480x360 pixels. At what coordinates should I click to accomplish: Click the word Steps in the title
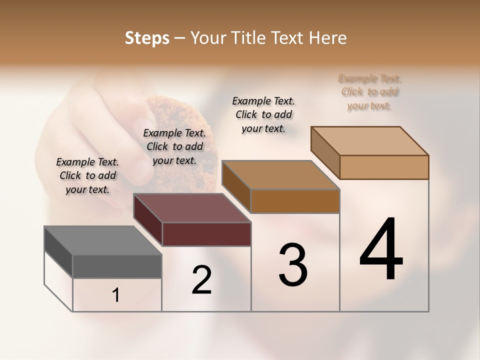pos(147,38)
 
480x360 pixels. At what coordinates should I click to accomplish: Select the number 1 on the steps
pos(116,295)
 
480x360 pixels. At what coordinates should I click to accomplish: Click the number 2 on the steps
pos(201,280)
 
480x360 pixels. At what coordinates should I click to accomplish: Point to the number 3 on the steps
pos(293,265)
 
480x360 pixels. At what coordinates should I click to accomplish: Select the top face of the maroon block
pos(192,208)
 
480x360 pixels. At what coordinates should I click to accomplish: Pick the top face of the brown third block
pos(280,175)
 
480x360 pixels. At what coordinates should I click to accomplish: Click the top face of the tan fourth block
pos(369,141)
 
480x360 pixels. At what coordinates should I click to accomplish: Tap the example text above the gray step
pos(87,175)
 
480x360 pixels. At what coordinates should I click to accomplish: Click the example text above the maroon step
pos(174,146)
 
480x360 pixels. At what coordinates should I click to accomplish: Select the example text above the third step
pos(263,114)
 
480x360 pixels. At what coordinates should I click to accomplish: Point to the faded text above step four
pos(369,92)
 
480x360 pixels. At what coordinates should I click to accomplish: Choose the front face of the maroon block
pos(206,234)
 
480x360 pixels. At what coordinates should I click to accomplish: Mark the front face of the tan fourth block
pos(384,167)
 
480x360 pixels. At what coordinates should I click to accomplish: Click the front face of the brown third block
pos(295,201)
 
